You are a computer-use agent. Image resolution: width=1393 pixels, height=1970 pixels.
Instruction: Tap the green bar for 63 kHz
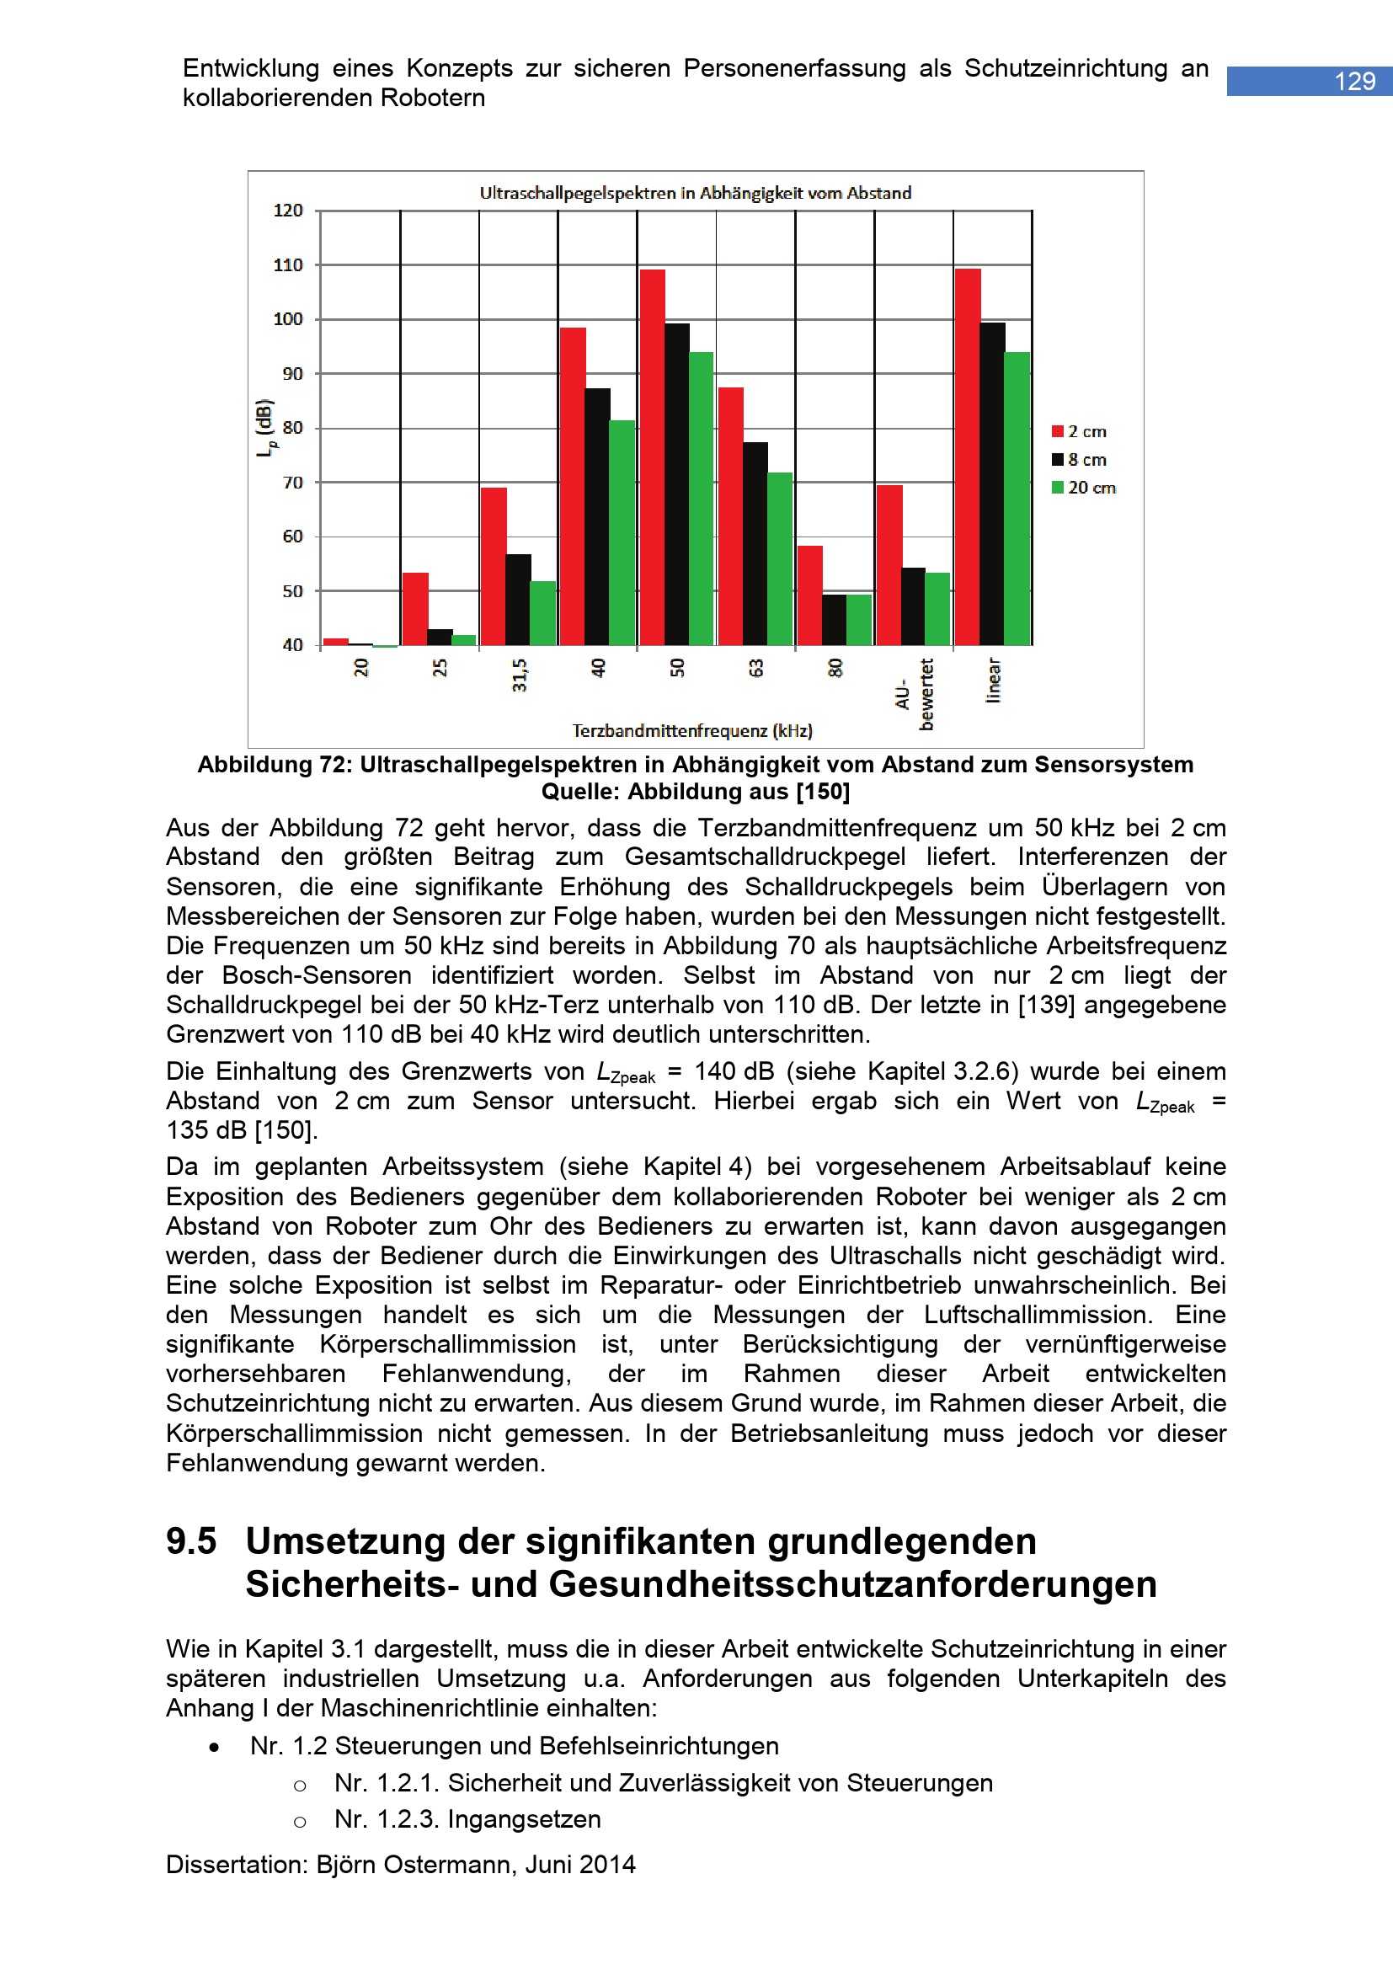tap(780, 558)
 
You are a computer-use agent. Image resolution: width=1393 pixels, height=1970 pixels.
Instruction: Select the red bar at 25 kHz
tap(415, 608)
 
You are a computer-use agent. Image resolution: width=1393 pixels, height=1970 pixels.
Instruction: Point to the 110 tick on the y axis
tap(288, 265)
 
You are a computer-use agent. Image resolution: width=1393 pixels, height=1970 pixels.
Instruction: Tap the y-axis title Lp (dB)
tap(265, 428)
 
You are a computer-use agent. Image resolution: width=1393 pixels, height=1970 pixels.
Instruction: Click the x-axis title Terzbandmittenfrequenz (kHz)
tap(692, 731)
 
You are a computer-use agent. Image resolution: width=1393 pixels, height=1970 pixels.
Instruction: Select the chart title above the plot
tap(695, 193)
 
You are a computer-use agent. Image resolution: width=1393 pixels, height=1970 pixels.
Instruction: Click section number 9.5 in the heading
tap(191, 1542)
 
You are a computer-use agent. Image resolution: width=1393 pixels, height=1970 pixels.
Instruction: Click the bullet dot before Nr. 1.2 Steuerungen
tap(214, 1747)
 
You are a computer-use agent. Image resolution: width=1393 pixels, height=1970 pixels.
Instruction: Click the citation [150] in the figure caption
tap(823, 791)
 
